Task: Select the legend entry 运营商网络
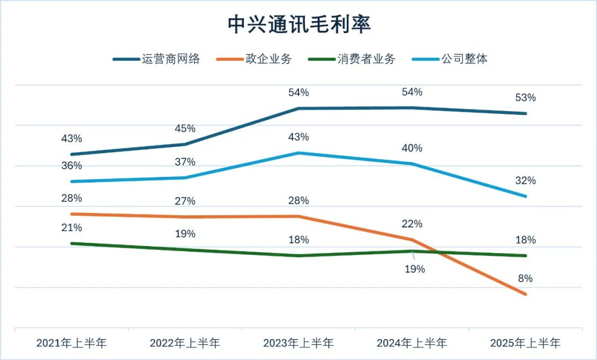(170, 59)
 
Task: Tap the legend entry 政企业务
(269, 59)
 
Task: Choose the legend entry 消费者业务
(366, 59)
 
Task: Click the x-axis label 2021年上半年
(71, 343)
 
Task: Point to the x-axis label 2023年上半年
(298, 343)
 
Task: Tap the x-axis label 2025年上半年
(525, 343)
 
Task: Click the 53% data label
(525, 98)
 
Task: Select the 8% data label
(525, 278)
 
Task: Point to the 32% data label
(525, 181)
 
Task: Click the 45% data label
(185, 129)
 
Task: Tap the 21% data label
(71, 228)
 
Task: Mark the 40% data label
(412, 148)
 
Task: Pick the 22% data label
(412, 224)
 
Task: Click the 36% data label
(71, 166)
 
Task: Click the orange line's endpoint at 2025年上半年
(525, 294)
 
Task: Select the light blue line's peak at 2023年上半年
(298, 153)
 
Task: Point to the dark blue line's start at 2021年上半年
(71, 154)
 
